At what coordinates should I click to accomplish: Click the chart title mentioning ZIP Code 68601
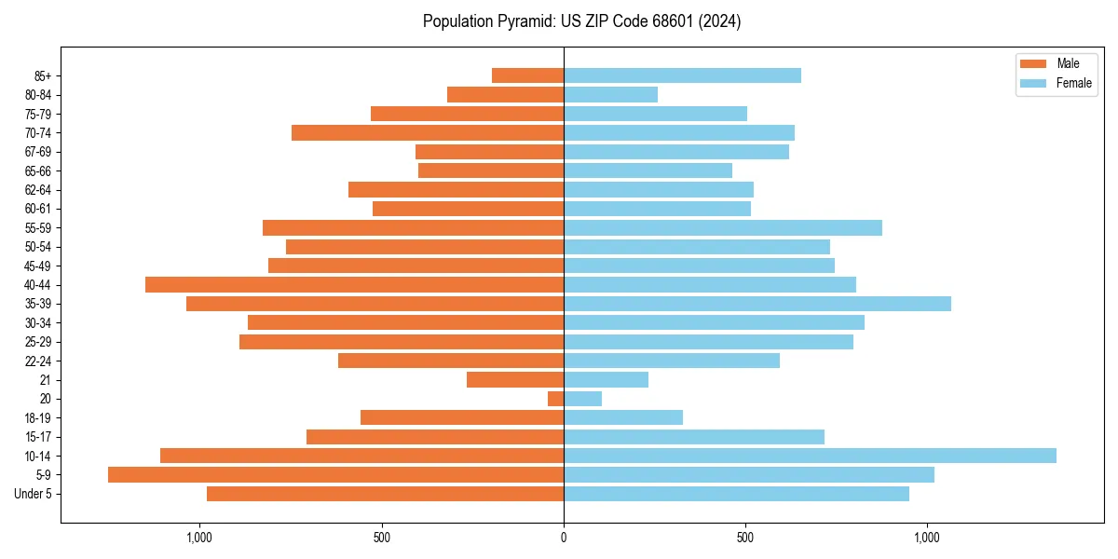(581, 21)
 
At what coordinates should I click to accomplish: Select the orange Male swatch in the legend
(1033, 63)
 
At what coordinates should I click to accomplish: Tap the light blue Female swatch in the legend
(1033, 83)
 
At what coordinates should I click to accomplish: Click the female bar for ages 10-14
(810, 456)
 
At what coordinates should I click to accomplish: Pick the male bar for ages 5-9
(335, 474)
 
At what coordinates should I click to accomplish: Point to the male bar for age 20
(555, 399)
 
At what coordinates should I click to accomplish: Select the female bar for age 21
(606, 379)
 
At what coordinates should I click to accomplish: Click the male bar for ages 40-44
(354, 284)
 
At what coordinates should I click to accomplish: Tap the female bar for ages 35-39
(757, 304)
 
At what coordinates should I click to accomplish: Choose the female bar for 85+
(682, 75)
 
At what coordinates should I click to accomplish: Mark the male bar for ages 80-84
(505, 94)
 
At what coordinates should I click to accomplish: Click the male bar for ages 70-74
(428, 132)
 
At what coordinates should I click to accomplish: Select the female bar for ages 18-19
(623, 417)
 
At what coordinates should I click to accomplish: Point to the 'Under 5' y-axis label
(34, 494)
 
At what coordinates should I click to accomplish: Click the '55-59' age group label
(38, 227)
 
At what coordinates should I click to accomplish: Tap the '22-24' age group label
(38, 361)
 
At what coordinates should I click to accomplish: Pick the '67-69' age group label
(38, 152)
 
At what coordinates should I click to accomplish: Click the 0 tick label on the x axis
(564, 538)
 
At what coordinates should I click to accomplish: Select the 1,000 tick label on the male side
(199, 538)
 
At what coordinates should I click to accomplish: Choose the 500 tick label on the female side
(745, 538)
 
